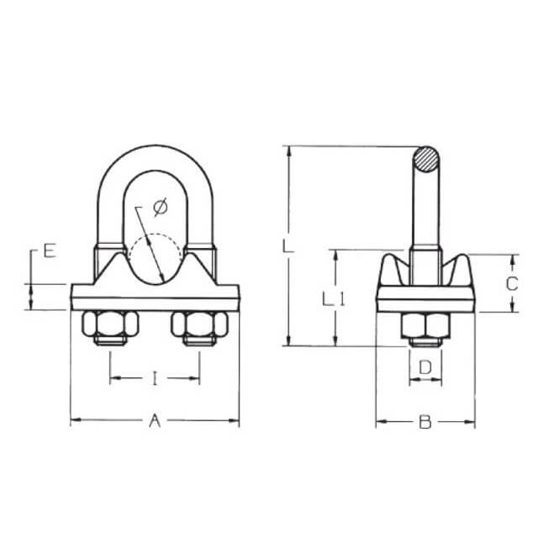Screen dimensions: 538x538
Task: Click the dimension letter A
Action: point(155,420)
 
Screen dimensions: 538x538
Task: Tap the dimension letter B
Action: point(425,422)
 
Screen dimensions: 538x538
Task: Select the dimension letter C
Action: point(512,284)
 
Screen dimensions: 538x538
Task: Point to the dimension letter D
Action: point(425,367)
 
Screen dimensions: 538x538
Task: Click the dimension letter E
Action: point(50,251)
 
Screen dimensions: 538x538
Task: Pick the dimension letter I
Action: point(155,378)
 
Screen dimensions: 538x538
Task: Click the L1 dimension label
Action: point(333,299)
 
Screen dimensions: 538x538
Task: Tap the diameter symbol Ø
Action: point(161,207)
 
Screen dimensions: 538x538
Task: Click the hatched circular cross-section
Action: point(426,160)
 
